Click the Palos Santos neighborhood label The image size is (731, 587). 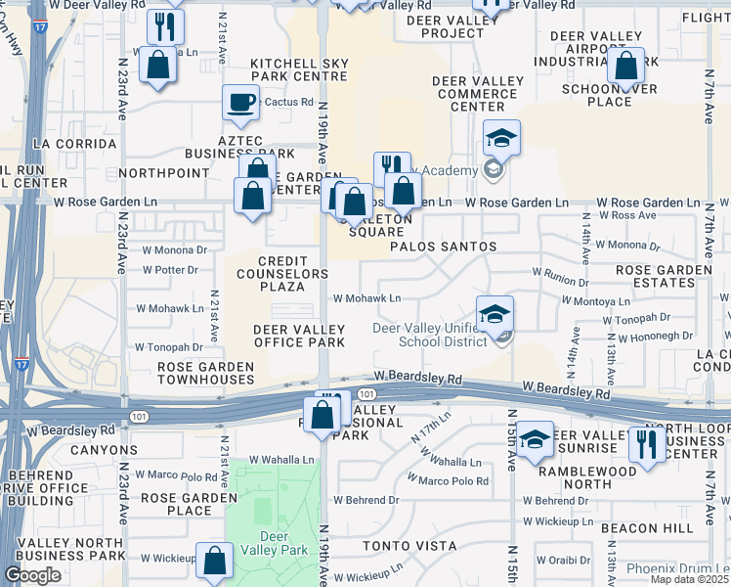(443, 247)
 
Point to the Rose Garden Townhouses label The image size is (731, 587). (206, 373)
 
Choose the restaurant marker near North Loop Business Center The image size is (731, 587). (647, 444)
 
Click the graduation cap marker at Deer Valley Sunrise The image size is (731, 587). (535, 440)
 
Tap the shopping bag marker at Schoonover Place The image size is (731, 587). (625, 67)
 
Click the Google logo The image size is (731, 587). (32, 575)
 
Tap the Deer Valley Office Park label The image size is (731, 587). (299, 336)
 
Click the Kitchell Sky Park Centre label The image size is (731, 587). (299, 68)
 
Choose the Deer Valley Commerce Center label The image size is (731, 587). (477, 101)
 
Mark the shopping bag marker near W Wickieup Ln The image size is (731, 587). (214, 562)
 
